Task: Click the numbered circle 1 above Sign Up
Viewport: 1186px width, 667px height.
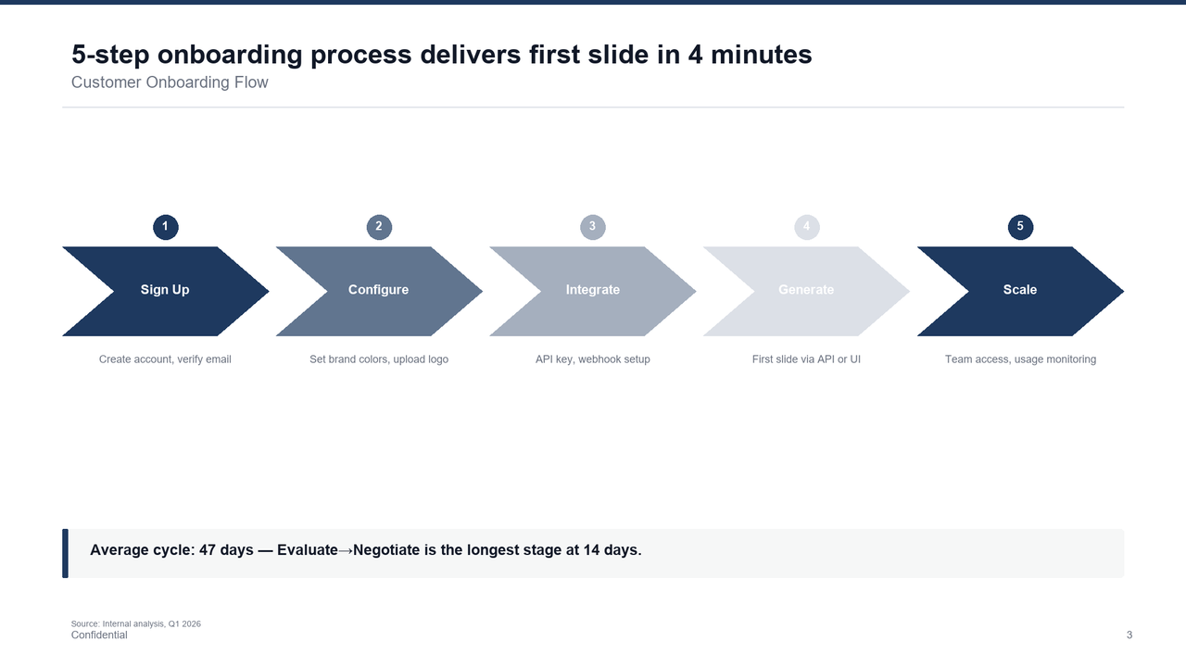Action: coord(165,227)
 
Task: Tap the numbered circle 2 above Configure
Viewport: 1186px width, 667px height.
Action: coord(379,227)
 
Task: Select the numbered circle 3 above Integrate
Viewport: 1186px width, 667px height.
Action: coord(592,227)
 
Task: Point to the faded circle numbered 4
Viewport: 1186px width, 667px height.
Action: coord(806,227)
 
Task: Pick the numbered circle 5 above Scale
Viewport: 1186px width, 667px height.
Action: coord(1020,227)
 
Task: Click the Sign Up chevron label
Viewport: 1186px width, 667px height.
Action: coord(165,290)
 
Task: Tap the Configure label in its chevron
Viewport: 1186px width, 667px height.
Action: coord(378,290)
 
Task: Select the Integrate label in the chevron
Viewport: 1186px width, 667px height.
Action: coord(592,290)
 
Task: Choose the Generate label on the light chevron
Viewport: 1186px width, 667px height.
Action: coord(806,290)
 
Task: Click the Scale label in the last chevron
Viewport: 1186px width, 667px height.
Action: coord(1020,290)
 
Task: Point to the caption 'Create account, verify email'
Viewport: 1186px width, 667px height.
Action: coord(165,359)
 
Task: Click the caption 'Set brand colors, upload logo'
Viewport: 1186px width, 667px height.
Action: coord(379,359)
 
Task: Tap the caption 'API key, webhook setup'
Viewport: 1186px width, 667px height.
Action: coord(592,359)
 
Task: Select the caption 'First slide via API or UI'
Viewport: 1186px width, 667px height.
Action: coord(806,359)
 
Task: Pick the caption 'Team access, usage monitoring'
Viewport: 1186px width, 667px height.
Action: coord(1020,359)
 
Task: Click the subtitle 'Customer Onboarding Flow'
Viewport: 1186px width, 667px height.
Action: coord(170,82)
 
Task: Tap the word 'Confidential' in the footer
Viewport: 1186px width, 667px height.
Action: coord(99,636)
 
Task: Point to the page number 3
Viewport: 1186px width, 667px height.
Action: coord(1129,636)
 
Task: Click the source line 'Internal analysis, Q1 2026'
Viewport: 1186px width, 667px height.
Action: coord(136,624)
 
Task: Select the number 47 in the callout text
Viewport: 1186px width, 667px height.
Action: coord(208,550)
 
